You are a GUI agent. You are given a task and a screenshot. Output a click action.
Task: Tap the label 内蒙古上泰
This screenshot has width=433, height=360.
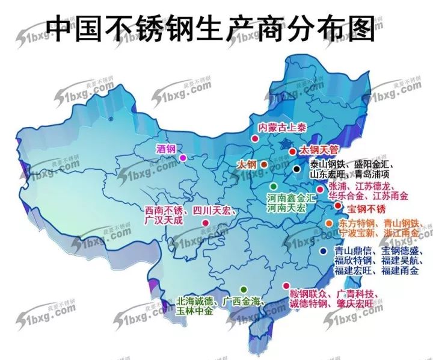[281, 128]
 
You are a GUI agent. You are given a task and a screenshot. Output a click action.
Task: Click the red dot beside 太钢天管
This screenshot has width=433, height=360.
[292, 152]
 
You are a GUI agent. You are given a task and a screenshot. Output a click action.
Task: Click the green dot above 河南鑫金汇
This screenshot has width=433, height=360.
[274, 186]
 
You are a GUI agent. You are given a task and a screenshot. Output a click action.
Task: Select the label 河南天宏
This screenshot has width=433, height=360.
[286, 207]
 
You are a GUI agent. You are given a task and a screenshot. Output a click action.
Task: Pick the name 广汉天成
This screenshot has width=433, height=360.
[162, 221]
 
